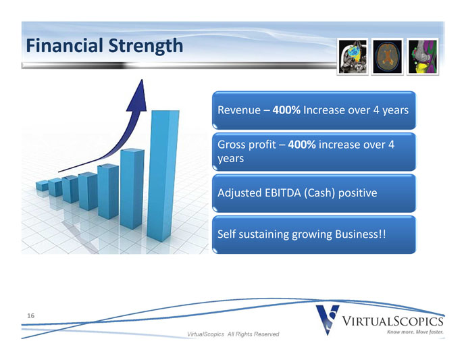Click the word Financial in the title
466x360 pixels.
click(64, 45)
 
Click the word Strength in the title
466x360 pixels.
click(146, 47)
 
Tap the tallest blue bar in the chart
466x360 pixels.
click(163, 176)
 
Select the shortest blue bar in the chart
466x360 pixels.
click(42, 186)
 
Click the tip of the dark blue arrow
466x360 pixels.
click(142, 80)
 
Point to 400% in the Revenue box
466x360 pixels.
click(286, 110)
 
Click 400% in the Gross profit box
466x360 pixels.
click(302, 145)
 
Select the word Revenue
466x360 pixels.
click(239, 110)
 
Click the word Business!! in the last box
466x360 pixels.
click(360, 234)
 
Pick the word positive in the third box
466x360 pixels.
click(357, 193)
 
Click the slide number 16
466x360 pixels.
click(31, 315)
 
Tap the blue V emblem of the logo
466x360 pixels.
click(328, 319)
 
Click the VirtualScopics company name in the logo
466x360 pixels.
click(392, 321)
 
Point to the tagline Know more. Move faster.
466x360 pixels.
click(415, 332)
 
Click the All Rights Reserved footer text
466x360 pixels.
click(253, 334)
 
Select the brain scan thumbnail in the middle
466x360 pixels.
click(387, 57)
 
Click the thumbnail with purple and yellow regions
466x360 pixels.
click(423, 57)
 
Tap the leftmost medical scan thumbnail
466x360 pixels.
click(353, 57)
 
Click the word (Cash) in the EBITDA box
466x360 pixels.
click(319, 193)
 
